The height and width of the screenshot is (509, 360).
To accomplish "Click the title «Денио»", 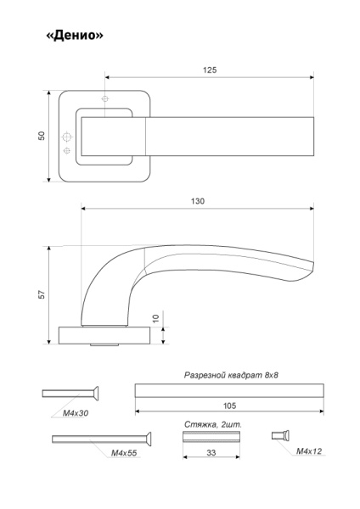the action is pyautogui.click(x=75, y=35).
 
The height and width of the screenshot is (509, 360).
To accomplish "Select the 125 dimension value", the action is pyautogui.click(x=210, y=70).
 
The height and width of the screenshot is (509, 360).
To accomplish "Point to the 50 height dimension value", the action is pyautogui.click(x=42, y=136).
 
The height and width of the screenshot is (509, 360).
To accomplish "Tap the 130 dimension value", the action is pyautogui.click(x=198, y=201).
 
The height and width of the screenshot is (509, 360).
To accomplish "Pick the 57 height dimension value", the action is pyautogui.click(x=42, y=294).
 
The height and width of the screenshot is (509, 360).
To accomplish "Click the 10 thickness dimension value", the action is pyautogui.click(x=156, y=318).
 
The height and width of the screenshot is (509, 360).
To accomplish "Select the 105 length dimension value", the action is pyautogui.click(x=229, y=406).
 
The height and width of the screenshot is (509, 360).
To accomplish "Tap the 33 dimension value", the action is pyautogui.click(x=211, y=452).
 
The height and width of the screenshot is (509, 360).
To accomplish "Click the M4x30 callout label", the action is pyautogui.click(x=76, y=413).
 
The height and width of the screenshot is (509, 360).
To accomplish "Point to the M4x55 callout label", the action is pyautogui.click(x=124, y=453).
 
